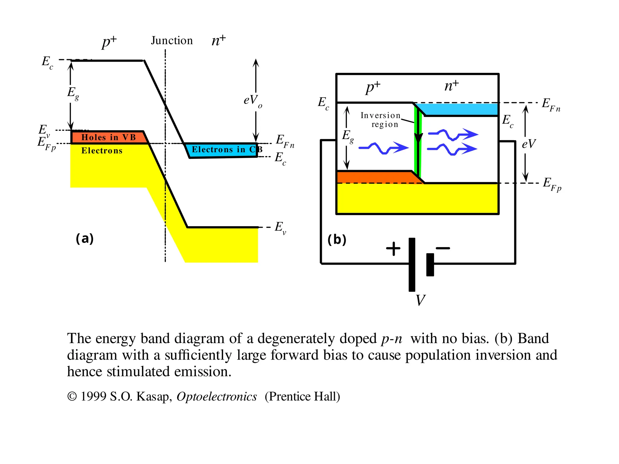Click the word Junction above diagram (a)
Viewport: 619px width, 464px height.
(x=172, y=40)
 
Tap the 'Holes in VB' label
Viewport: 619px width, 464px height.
(x=109, y=137)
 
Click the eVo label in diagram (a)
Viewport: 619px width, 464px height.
(x=253, y=100)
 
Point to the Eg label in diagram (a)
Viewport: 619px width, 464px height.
(x=73, y=93)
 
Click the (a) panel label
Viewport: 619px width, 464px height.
(x=85, y=239)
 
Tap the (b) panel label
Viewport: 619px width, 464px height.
(x=337, y=240)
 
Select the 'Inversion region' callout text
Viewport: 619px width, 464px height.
(x=381, y=120)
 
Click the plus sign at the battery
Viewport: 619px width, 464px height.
(x=393, y=249)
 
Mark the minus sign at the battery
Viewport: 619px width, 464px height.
(x=443, y=248)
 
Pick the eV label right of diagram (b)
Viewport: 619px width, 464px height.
(x=529, y=144)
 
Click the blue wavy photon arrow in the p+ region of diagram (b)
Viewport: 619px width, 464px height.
(x=384, y=148)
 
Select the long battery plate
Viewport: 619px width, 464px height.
(x=412, y=265)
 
